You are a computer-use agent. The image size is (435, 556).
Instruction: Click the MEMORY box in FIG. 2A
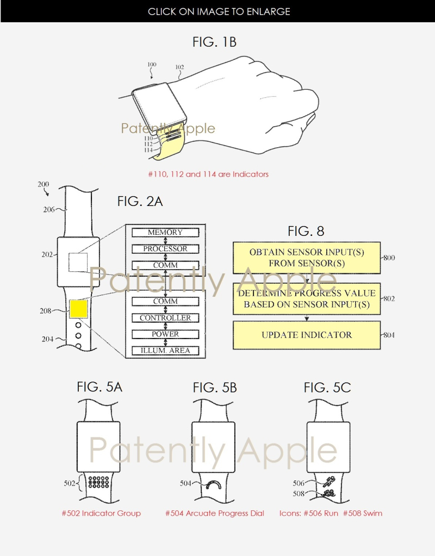(165, 233)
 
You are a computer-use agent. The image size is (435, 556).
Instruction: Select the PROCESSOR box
(165, 249)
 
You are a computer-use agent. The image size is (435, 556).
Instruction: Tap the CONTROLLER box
(165, 318)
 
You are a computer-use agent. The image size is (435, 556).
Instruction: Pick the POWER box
(165, 334)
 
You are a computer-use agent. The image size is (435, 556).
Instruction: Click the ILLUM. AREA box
(165, 351)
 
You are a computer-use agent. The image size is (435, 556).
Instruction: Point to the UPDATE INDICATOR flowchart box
(306, 335)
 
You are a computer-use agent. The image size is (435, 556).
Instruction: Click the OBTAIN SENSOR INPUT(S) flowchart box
(306, 258)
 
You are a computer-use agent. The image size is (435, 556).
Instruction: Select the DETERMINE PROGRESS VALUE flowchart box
(306, 299)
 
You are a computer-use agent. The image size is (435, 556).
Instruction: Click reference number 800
(389, 258)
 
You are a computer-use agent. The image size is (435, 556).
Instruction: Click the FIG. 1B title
(215, 41)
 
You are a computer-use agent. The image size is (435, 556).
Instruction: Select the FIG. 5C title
(327, 388)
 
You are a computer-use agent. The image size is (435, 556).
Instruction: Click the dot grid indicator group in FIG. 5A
(98, 482)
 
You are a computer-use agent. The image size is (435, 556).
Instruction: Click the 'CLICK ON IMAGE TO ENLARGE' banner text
(219, 11)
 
